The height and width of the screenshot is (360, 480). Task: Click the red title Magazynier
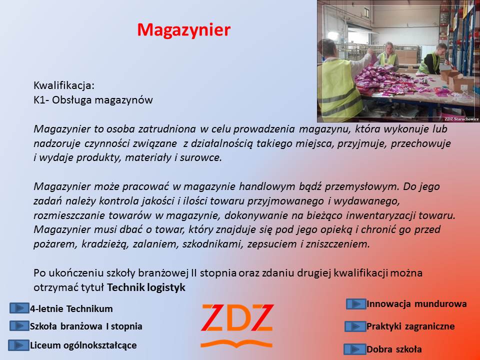point(183,30)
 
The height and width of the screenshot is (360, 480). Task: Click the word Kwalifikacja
point(63,85)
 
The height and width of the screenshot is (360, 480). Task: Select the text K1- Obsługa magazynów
point(93,100)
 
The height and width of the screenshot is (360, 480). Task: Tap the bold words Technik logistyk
point(146,287)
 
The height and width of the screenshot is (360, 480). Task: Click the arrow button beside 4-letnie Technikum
point(19,308)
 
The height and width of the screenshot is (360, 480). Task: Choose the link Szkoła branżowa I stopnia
point(86,326)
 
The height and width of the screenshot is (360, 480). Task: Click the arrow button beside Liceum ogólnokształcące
point(18,345)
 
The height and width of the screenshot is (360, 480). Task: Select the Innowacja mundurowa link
point(416,304)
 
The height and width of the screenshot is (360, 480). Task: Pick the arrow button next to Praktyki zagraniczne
point(355,326)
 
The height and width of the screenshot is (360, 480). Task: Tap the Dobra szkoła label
point(394,349)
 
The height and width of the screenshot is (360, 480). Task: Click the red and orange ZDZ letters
point(237,318)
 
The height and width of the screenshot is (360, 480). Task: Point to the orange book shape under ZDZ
point(236,344)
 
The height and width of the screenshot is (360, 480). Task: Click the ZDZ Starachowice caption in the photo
point(461,119)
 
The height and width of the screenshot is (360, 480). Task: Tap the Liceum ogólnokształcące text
point(83,345)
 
